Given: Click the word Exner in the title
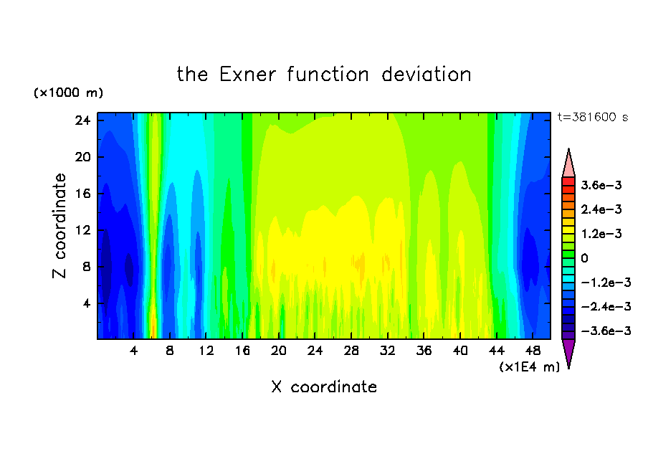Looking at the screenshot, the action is (x=247, y=75).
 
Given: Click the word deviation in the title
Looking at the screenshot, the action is (x=427, y=75).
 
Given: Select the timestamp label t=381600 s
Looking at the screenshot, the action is (x=593, y=118).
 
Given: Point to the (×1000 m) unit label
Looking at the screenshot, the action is (x=68, y=93).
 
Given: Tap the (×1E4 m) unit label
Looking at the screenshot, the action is (x=530, y=367).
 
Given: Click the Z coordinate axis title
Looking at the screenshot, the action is (x=59, y=226).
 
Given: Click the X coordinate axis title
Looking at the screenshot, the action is (x=324, y=387).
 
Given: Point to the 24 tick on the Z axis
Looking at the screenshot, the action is (x=82, y=120).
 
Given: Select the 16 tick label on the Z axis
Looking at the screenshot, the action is (x=82, y=194).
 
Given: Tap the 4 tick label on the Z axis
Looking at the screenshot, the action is (x=86, y=303).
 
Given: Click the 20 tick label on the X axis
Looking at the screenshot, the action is (x=279, y=351).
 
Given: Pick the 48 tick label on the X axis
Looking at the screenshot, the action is (x=533, y=351).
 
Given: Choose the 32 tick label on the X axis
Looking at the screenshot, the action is (x=387, y=351).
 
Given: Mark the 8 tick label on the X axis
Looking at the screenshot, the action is (x=170, y=351).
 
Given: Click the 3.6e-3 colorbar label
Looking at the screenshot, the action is (x=601, y=185).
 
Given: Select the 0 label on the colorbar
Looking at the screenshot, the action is (x=584, y=258).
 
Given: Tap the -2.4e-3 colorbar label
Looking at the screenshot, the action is (x=606, y=307).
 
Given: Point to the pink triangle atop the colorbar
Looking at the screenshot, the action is (x=568, y=163).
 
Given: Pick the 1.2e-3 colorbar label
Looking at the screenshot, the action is (x=601, y=234).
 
